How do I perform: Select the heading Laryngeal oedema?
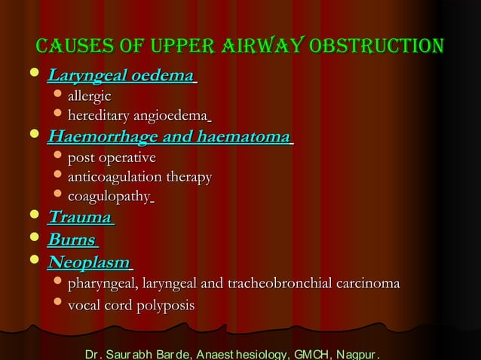point(121,77)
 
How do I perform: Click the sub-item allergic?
point(90,96)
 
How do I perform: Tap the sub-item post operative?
point(112,158)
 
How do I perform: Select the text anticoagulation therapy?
point(139,178)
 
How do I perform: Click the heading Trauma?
point(79,218)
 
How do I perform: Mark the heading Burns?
point(72,241)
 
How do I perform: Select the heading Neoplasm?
point(89,264)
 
